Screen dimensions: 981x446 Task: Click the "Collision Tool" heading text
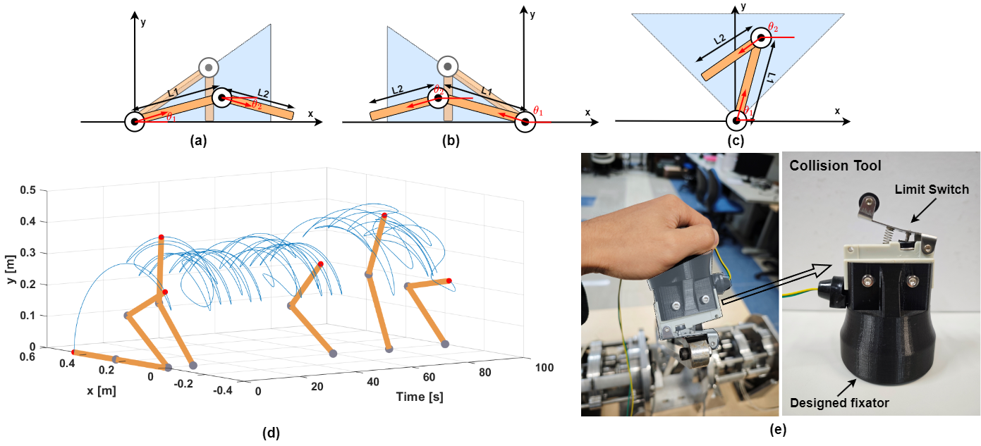[x=835, y=166]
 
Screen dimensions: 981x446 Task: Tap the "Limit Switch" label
[x=932, y=190]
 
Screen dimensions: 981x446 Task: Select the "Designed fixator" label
[x=839, y=403]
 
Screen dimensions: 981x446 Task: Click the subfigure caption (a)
[x=198, y=140]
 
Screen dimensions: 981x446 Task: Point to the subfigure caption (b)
[x=451, y=140]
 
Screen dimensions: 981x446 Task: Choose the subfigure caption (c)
[x=736, y=140]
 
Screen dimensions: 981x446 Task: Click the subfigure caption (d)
[x=271, y=433]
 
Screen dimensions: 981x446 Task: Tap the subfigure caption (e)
[x=778, y=430]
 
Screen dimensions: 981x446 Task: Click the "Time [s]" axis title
[x=420, y=397]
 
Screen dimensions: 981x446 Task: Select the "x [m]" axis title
[x=101, y=390]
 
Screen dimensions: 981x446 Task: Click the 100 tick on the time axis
[x=544, y=368]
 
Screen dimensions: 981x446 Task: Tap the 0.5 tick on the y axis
[x=28, y=190]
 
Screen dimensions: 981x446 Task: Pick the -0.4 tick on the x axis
[x=222, y=390]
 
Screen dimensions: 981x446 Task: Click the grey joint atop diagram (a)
[x=209, y=68]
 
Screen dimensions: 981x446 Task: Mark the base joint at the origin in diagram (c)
[x=736, y=120]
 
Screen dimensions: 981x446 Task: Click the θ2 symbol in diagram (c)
[x=773, y=27]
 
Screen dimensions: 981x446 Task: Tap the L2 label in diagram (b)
[x=397, y=89]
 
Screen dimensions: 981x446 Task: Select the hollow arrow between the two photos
[x=776, y=283]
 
